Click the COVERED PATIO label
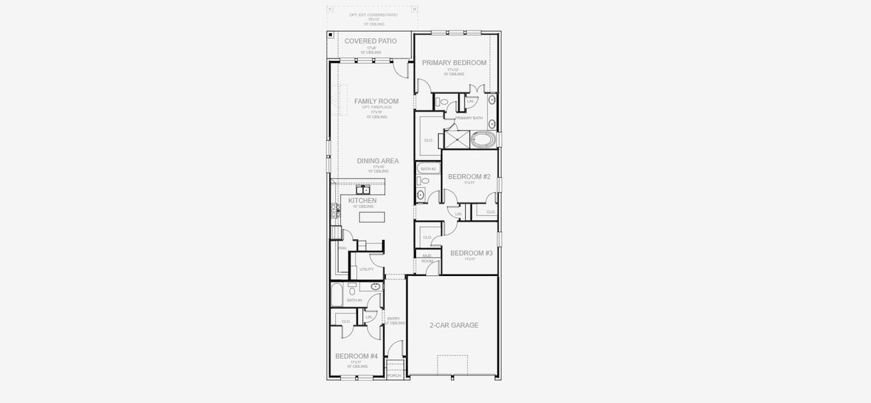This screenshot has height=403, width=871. [x=370, y=41]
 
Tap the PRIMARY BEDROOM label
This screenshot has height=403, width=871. [x=454, y=62]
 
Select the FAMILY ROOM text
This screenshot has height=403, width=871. [x=376, y=101]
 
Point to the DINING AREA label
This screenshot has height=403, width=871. [x=377, y=161]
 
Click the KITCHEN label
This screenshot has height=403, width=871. [x=362, y=200]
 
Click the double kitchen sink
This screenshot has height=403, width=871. [x=364, y=190]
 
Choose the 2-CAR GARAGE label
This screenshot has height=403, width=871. [x=454, y=325]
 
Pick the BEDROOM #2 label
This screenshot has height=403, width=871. [x=469, y=177]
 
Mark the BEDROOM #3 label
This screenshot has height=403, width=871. [x=471, y=253]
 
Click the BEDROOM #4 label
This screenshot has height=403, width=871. [x=356, y=356]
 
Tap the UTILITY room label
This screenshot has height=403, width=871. [x=366, y=269]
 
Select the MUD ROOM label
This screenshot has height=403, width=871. [x=427, y=258]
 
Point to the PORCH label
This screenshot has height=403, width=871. [x=394, y=375]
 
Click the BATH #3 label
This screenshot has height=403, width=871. [x=355, y=300]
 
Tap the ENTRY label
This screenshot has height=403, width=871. [x=394, y=318]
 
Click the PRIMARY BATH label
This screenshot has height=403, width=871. [x=468, y=118]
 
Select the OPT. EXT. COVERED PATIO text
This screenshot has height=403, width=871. [x=373, y=14]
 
